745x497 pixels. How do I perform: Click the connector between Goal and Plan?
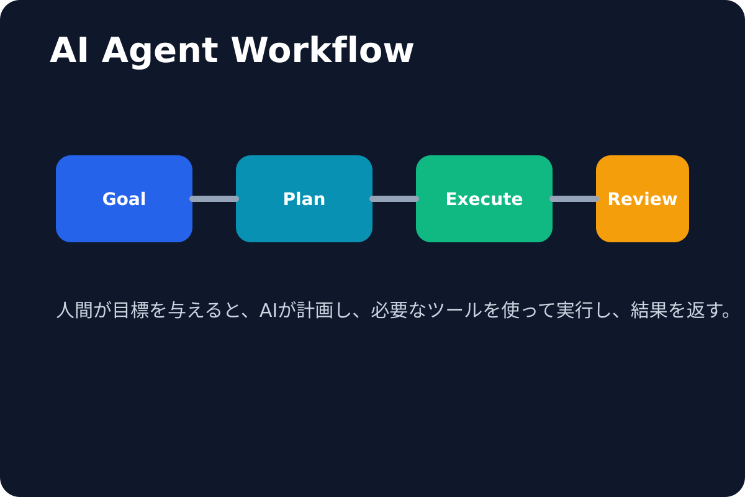[214, 199]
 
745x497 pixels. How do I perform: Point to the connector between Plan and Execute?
[394, 199]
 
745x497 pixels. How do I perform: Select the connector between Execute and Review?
[574, 199]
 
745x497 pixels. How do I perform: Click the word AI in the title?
[67, 51]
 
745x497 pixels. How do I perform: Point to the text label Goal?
[124, 199]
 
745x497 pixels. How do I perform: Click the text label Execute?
[484, 199]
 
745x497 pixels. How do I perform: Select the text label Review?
[643, 199]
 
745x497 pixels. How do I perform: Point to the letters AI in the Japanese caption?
[268, 310]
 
